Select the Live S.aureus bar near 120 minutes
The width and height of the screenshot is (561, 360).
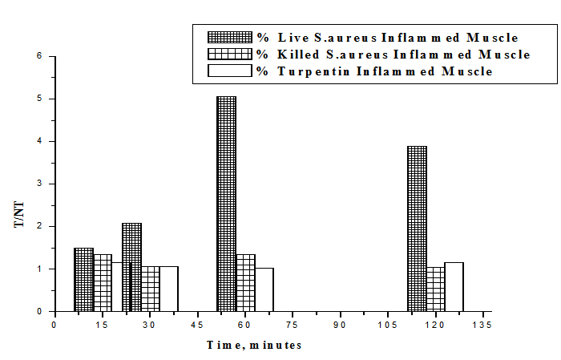417,229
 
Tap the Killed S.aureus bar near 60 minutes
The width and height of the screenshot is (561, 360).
245,283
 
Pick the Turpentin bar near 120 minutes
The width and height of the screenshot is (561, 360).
454,287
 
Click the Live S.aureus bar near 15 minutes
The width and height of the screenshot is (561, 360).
83,280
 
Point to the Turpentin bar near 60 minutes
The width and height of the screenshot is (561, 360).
264,289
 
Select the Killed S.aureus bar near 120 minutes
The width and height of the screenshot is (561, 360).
435,289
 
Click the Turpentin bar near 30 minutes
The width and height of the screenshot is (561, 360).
169,289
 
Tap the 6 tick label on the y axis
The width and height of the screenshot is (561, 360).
38,56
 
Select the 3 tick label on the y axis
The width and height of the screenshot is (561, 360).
38,184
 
